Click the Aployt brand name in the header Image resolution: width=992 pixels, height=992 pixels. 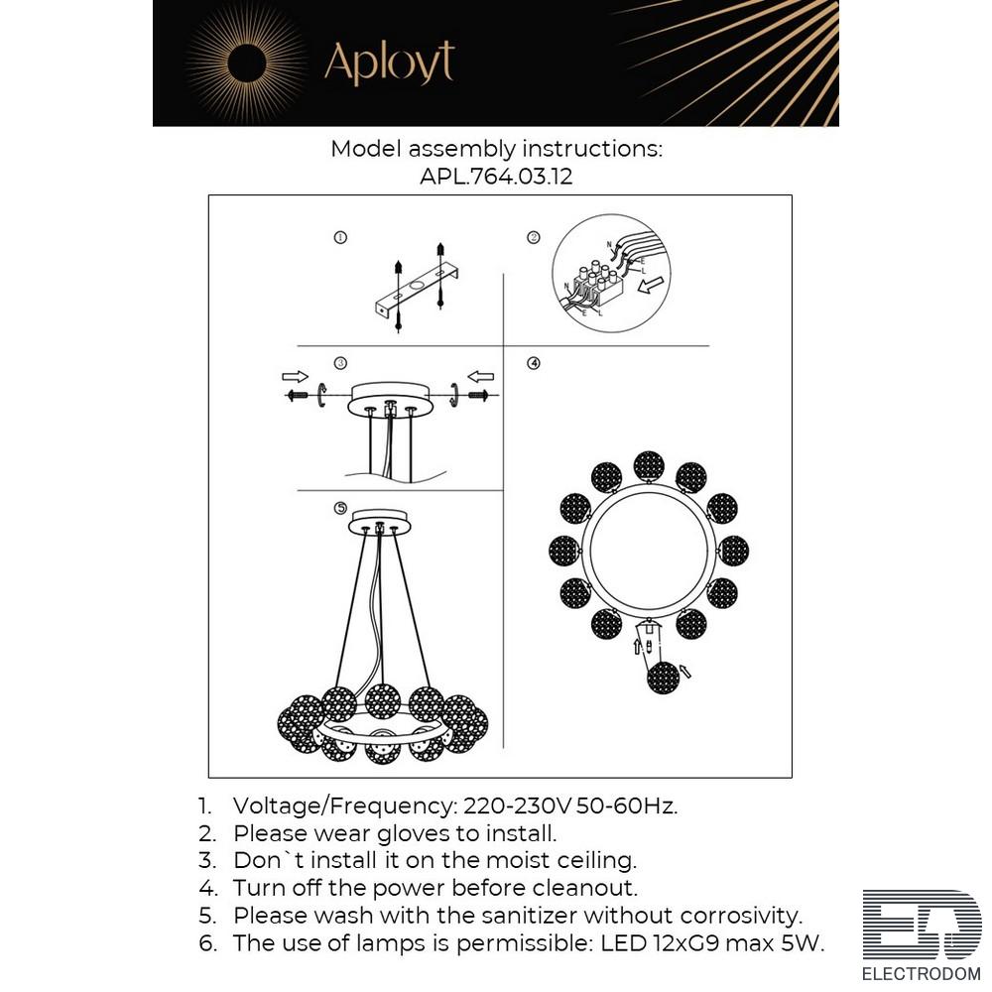[390, 62]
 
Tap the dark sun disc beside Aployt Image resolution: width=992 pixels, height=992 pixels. [247, 63]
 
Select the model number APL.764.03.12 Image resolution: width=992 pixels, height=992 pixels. [496, 176]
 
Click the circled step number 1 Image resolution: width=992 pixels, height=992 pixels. [340, 238]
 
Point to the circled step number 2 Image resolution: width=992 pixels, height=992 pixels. [534, 238]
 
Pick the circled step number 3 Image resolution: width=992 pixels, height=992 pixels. [340, 363]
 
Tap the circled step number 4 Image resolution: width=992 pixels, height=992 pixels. [534, 363]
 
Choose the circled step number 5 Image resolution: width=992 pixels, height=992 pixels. [340, 508]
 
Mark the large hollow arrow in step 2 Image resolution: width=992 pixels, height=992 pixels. [651, 286]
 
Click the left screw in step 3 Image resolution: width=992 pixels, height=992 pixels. [297, 396]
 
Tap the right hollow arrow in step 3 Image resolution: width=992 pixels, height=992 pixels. [481, 377]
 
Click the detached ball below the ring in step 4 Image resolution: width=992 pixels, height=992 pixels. [663, 678]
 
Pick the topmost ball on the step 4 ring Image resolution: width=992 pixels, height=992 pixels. [649, 467]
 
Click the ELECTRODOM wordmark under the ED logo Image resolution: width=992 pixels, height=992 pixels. [922, 974]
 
